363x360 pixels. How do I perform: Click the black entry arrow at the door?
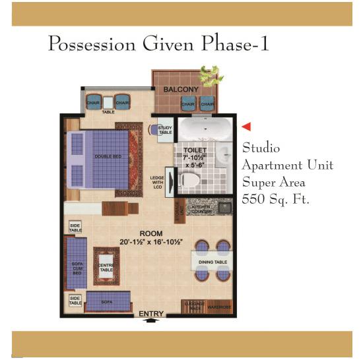tap(150, 320)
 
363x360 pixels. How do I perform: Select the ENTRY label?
tap(150, 313)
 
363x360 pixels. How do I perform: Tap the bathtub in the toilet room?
tap(202, 128)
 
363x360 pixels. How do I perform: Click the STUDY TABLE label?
tap(165, 130)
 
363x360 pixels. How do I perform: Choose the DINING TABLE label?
tap(213, 262)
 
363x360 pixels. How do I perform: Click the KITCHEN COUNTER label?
tap(201, 209)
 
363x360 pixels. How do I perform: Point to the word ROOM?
tap(150, 233)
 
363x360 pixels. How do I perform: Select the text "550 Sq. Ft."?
tap(277, 198)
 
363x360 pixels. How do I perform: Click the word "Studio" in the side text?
tap(261, 147)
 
